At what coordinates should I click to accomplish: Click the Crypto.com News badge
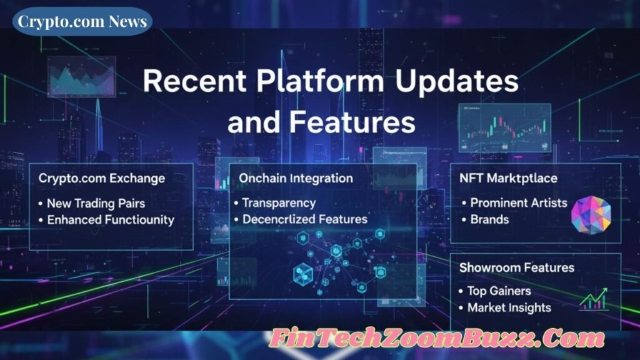click(x=82, y=22)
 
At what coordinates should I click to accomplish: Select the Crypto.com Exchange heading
click(x=102, y=179)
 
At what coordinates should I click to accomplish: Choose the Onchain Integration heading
click(x=296, y=179)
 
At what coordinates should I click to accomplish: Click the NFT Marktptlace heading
click(x=508, y=179)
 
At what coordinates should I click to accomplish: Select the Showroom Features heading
click(x=517, y=267)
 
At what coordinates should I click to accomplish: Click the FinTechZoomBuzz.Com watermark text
click(x=437, y=340)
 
